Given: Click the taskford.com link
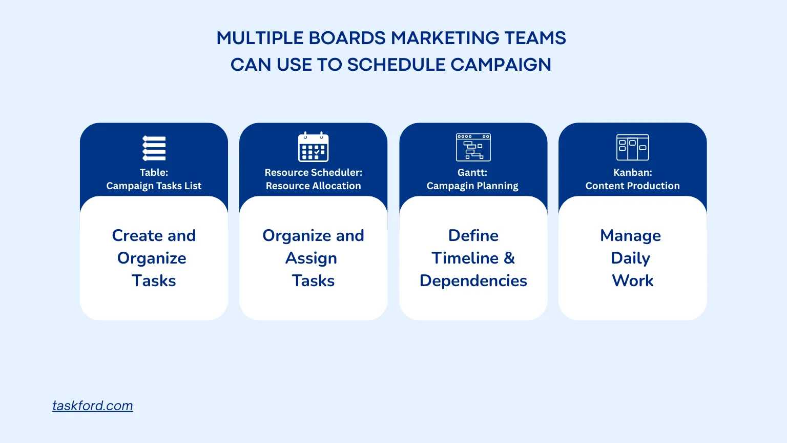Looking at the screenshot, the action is [92, 406].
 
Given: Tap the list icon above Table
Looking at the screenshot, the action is [154, 148].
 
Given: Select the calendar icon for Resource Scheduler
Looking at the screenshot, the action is [314, 147].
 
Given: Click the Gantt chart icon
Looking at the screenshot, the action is [473, 147].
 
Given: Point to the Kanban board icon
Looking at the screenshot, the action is [632, 147].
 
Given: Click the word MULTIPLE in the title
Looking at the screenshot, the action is [260, 38].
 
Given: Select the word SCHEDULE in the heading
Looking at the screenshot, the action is [396, 65].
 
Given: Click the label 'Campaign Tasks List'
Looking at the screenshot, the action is [154, 186].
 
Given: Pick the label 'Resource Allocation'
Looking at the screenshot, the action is [314, 186].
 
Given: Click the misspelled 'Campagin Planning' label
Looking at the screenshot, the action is [472, 186].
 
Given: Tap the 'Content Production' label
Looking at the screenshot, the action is [632, 186].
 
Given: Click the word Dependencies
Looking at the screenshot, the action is [473, 281].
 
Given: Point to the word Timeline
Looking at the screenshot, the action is [465, 258].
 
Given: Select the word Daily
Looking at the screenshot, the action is [630, 258].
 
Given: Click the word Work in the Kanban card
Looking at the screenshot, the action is [632, 280].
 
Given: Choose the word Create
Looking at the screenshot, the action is [137, 235].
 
